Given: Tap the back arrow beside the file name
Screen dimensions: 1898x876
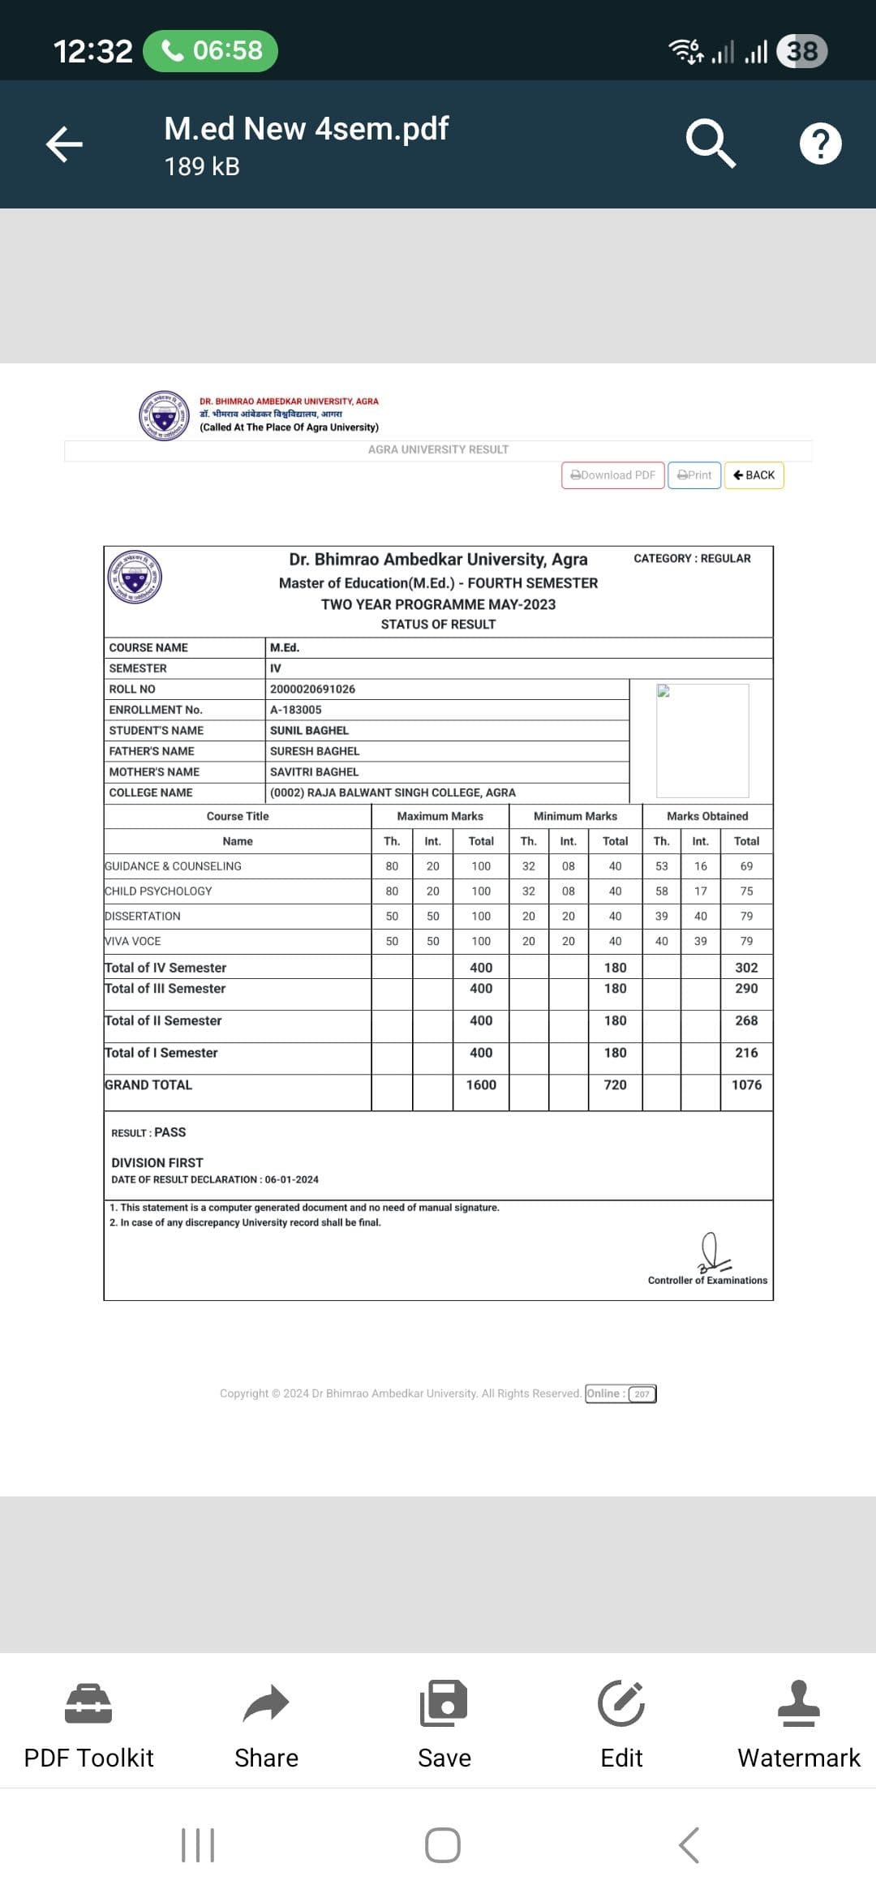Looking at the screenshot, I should pos(64,144).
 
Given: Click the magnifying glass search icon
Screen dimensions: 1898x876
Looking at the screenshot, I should pos(711,144).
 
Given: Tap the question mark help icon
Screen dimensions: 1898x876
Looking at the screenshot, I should pos(820,144).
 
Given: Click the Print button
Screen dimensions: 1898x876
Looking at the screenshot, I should pos(694,475).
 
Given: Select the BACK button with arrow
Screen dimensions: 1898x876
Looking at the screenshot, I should pos(754,475).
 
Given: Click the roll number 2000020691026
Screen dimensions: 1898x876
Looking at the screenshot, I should pos(312,689).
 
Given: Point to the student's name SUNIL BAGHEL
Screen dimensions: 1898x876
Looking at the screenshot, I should pos(309,730).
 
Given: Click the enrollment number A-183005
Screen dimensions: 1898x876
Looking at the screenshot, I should pos(295,710).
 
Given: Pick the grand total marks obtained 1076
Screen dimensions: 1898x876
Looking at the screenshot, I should pos(746,1084).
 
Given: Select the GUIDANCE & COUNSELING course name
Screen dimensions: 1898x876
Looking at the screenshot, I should pos(173,866).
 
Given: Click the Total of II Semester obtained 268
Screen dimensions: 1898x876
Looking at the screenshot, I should pos(746,1020).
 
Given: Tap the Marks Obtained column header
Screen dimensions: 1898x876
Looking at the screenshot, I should pos(707,816).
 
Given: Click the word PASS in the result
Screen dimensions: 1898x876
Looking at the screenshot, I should pos(170,1132).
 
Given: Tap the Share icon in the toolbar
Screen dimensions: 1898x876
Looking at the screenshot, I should pos(266,1703).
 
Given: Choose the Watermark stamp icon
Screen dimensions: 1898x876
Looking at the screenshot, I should pos(798,1703).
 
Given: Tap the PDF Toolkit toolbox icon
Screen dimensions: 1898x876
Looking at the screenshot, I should pos(88,1703).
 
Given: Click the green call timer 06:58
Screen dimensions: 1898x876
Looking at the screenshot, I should pos(211,50).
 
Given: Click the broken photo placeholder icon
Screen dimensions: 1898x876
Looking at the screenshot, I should pos(663,691).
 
